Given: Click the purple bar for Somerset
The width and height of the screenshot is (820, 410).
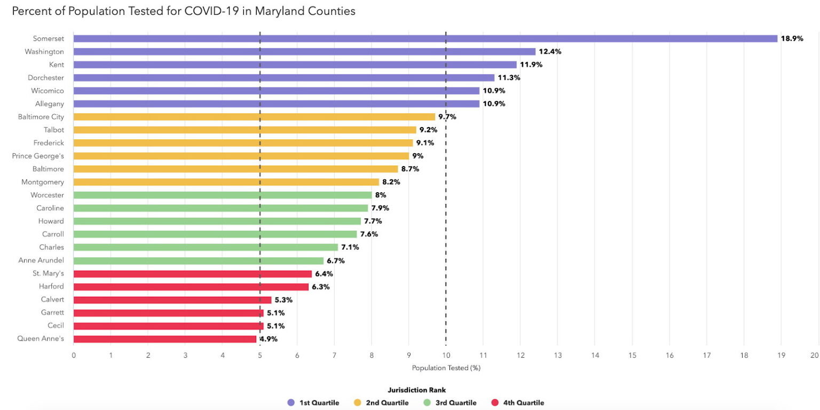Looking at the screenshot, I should [425, 38].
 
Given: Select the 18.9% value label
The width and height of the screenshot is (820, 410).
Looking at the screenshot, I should [792, 38].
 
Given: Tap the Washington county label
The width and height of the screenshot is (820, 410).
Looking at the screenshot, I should [44, 52].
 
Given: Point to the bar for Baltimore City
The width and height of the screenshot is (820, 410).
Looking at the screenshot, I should [254, 117].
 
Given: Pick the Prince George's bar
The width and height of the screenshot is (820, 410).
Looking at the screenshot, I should [241, 156].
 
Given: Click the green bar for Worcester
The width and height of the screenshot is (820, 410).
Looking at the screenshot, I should [222, 195].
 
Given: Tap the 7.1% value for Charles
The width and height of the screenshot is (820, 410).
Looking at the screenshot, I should [350, 247].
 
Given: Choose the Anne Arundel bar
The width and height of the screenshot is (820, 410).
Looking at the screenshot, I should [198, 261].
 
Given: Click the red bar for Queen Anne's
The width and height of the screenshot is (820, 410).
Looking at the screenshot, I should [164, 339].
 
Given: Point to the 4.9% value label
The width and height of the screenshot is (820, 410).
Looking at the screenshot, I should [269, 339].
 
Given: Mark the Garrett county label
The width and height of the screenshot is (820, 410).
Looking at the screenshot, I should [52, 313].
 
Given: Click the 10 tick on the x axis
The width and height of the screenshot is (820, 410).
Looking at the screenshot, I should [446, 354].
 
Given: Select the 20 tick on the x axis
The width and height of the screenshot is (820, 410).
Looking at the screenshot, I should [814, 354].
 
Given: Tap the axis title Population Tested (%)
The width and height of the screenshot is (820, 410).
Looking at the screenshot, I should [446, 368].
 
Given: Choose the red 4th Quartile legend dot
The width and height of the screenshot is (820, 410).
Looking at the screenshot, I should [494, 403].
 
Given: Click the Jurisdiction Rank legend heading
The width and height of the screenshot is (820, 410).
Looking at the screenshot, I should [416, 390].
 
